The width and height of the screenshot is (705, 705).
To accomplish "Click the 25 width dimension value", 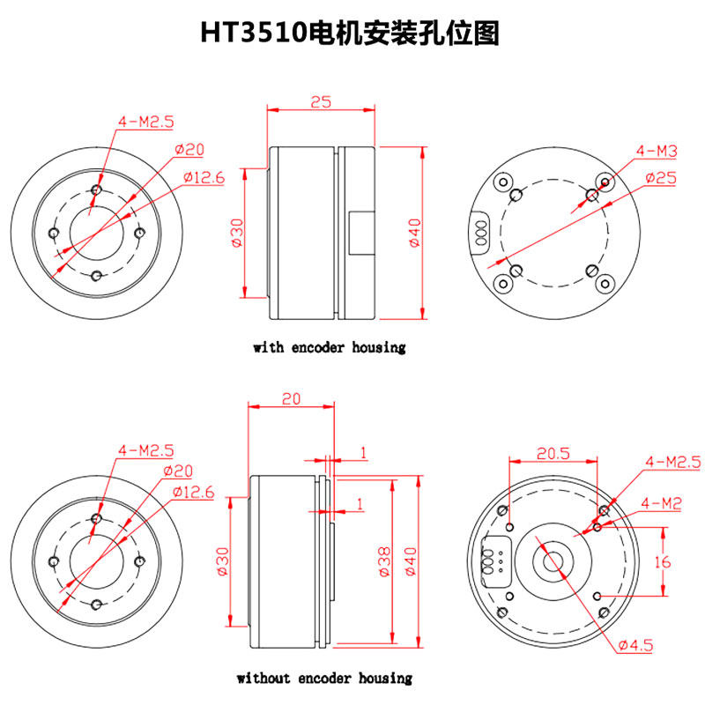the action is [321, 102].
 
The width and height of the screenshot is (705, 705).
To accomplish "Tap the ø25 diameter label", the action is [659, 178].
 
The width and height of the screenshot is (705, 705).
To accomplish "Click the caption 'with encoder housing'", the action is [330, 347].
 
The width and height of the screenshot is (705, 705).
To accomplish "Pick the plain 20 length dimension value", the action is [290, 398].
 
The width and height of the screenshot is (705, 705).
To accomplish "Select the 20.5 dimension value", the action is [553, 454].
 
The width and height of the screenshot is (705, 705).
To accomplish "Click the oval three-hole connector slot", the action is [481, 232].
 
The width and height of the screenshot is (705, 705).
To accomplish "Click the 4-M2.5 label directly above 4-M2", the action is [672, 462].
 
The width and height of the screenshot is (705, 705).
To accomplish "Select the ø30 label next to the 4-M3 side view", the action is [237, 233].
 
